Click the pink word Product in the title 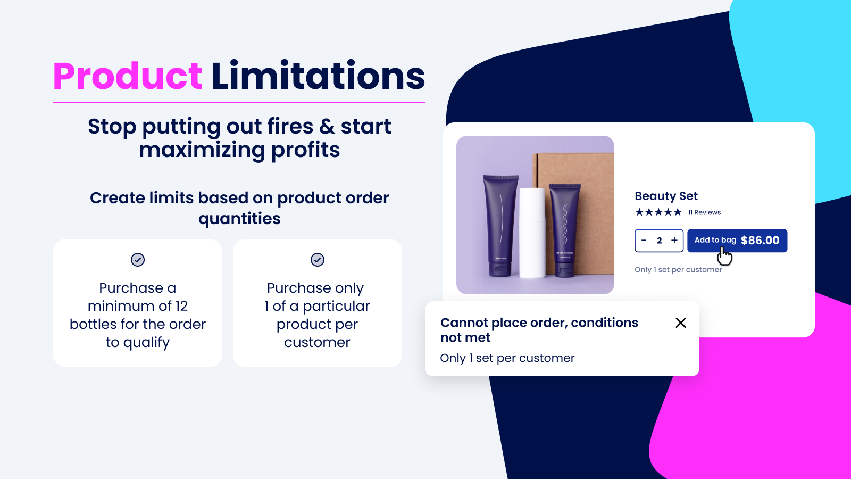pos(128,76)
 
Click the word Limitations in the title pos(318,76)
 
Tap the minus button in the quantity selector pos(644,241)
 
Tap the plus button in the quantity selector pos(674,241)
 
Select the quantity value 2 pos(660,241)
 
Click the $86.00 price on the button pos(760,241)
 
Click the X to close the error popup pos(681,323)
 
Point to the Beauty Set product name pos(666,196)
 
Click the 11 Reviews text pos(705,212)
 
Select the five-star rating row pos(658,212)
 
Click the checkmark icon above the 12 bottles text pos(138,260)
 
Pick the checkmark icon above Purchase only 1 pos(318,260)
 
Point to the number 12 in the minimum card pos(181,307)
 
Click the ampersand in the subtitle pos(327,127)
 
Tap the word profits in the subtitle pos(305,151)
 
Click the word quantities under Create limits pos(239,219)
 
